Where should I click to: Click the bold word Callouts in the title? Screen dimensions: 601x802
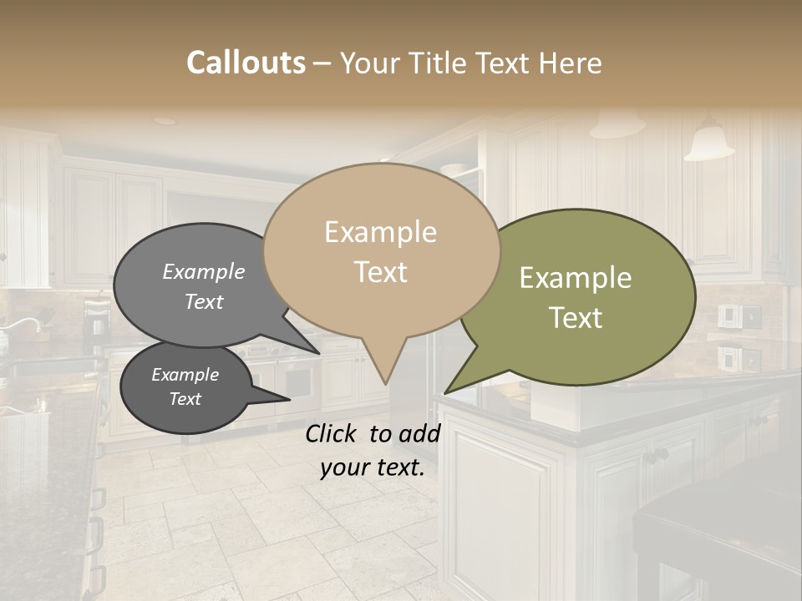coord(246,63)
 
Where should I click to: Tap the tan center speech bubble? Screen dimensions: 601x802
coord(381,250)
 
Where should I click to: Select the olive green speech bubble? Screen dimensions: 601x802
coord(585,296)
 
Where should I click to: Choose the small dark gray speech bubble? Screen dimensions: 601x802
coord(185,388)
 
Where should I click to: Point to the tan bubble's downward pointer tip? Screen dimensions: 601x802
coord(385,384)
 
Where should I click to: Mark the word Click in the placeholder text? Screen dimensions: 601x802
coord(334,433)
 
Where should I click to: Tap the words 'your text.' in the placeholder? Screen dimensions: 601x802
coord(372,468)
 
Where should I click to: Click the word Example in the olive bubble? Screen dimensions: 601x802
coord(575,278)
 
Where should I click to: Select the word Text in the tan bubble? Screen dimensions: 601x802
coord(381,272)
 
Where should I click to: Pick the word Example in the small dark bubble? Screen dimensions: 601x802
coord(185,375)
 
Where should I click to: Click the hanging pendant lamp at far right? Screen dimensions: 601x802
coord(708,144)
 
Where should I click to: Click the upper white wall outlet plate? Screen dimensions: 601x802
coord(728,316)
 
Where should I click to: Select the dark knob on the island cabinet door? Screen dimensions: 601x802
coord(660,455)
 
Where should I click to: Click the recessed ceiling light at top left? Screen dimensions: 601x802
coord(165,121)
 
